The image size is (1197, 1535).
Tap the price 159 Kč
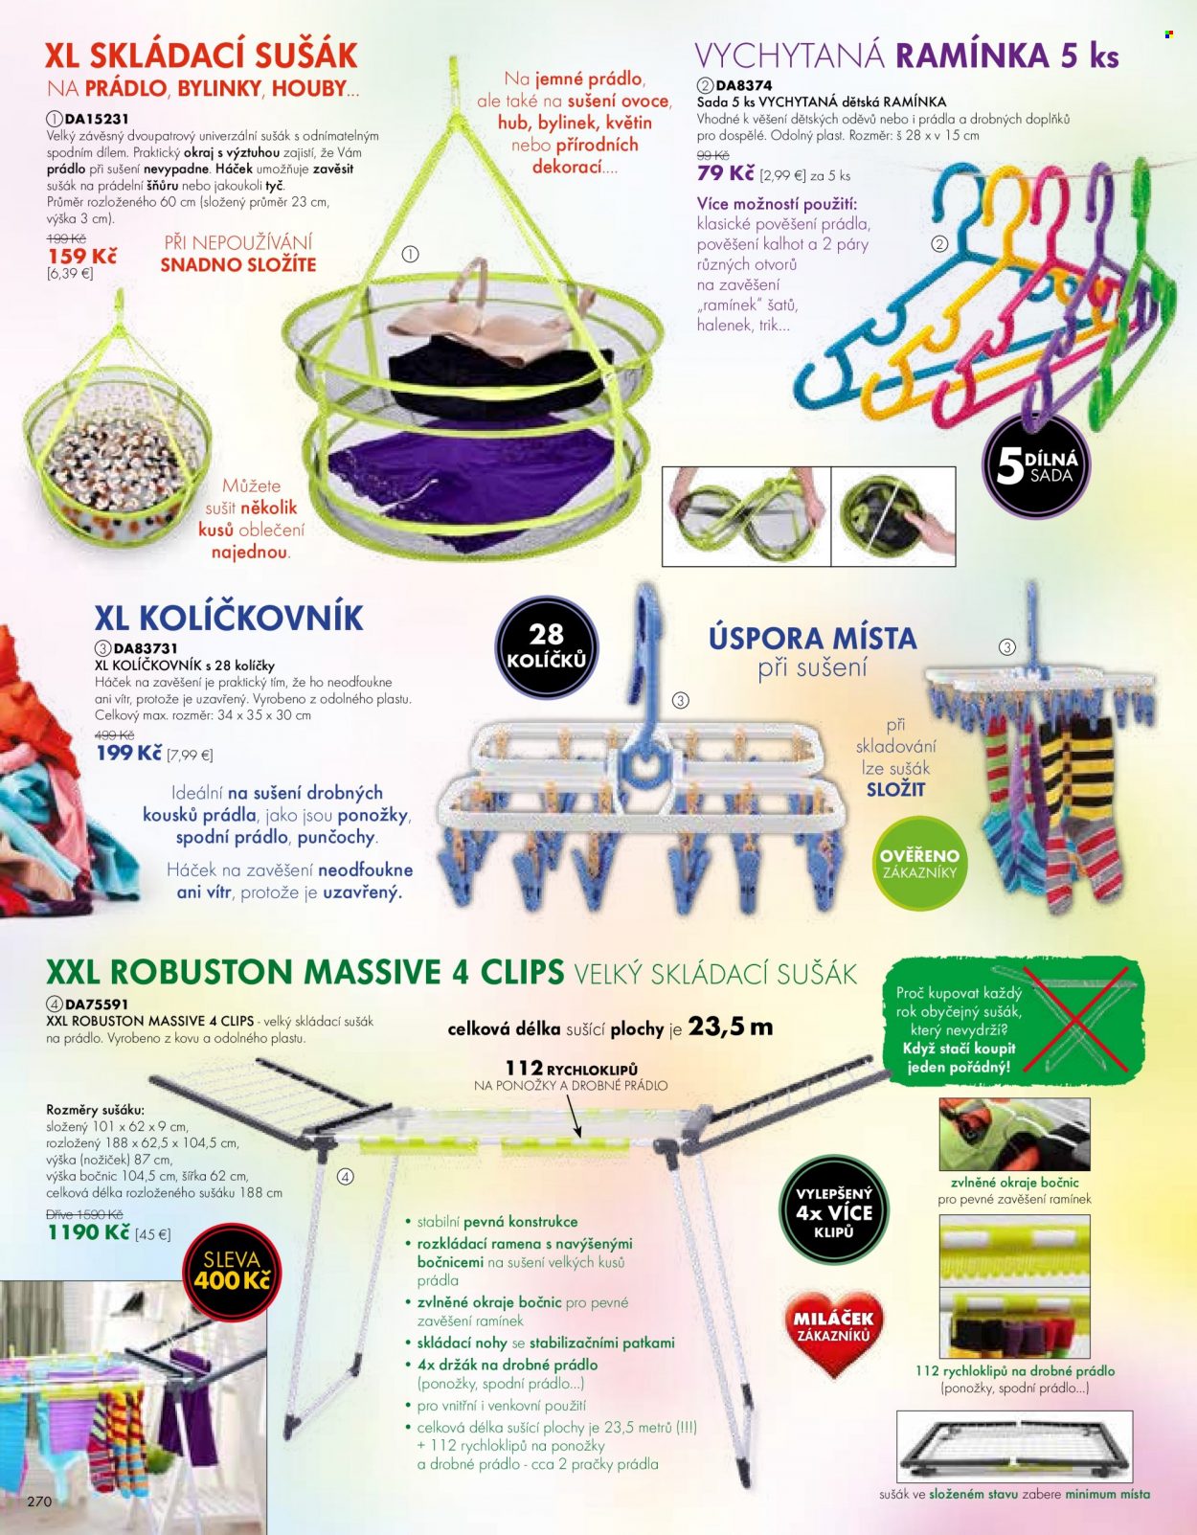pos(82,256)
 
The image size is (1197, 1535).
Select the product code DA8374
pos(744,85)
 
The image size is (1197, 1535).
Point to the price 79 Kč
pos(726,173)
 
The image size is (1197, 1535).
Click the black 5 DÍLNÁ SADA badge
pos(1037,466)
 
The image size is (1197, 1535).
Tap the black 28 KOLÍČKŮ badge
pos(547,647)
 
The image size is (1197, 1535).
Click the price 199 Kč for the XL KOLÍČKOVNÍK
pos(129,753)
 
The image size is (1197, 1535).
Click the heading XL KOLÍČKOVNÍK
pos(229,618)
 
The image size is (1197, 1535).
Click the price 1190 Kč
pos(88,1232)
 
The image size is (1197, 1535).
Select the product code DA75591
pos(97,1004)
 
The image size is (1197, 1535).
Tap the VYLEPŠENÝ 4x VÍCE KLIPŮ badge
pos(834,1211)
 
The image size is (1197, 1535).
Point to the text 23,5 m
pos(731,1027)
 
